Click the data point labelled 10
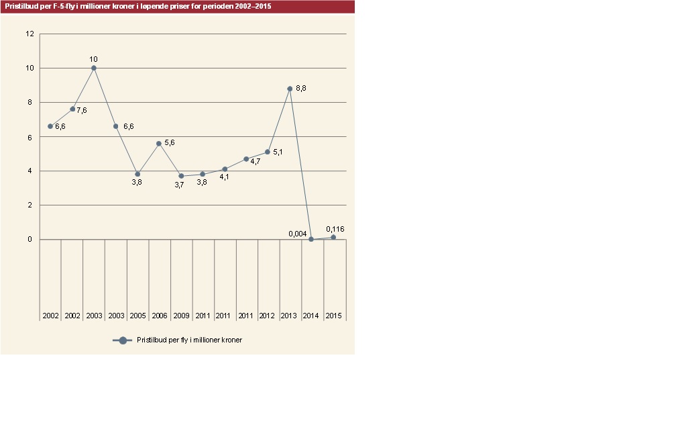click(94, 68)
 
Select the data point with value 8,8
click(290, 89)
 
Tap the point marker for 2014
click(311, 239)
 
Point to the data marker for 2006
click(159, 144)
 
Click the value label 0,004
click(298, 234)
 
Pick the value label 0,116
click(335, 229)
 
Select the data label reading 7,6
click(81, 110)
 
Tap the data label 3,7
click(179, 185)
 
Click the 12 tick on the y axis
click(30, 34)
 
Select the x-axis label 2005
click(137, 315)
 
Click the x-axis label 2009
click(181, 315)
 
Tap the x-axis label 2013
click(290, 315)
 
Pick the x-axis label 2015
click(333, 315)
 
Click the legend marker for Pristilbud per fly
click(123, 340)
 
